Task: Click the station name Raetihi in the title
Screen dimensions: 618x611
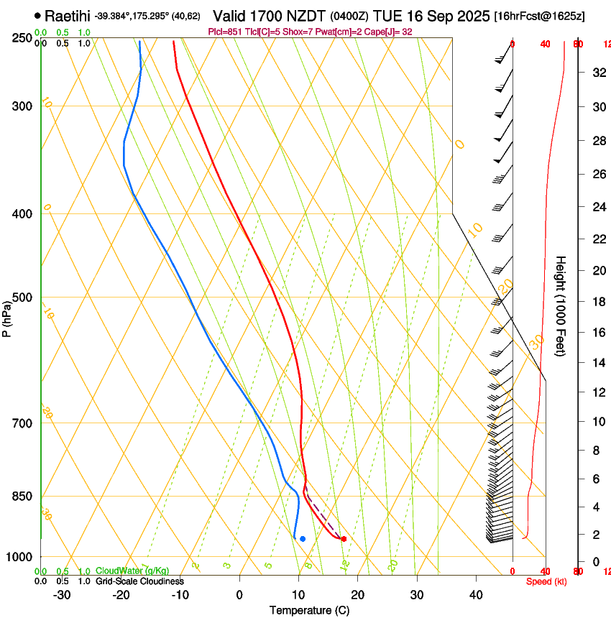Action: [68, 15]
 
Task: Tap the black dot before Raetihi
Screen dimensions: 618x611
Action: [37, 15]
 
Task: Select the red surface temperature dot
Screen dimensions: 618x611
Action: [344, 538]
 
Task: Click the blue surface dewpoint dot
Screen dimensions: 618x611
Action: [303, 538]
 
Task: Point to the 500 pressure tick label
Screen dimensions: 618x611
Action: [22, 298]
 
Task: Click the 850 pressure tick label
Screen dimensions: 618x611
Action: [22, 497]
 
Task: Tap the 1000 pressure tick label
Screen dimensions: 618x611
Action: [19, 557]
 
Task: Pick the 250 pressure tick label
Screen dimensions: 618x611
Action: [22, 38]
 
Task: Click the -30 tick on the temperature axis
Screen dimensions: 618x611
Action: [62, 594]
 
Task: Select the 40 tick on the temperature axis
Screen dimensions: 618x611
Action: [476, 594]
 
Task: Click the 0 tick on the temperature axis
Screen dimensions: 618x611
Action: [239, 594]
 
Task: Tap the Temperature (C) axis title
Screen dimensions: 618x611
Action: [309, 610]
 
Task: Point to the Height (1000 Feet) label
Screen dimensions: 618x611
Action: [561, 305]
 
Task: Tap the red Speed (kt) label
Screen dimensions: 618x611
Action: [546, 581]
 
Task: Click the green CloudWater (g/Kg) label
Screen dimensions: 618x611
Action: [132, 571]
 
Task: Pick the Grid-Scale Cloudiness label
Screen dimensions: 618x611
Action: [139, 581]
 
